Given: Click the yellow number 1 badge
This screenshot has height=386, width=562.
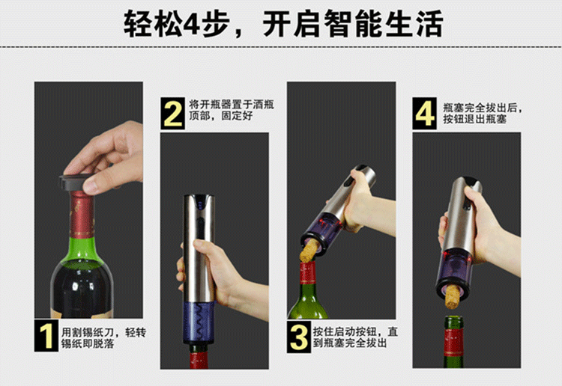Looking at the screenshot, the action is (x=46, y=336).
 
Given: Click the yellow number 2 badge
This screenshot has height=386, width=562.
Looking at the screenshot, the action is (x=173, y=114).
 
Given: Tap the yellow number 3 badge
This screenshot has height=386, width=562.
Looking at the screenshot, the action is (x=299, y=337).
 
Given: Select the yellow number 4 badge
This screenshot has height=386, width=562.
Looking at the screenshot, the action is (x=424, y=114).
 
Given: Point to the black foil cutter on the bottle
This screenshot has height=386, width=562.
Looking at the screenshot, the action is (x=75, y=182).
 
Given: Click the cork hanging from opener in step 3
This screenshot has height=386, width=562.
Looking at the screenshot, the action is (x=309, y=251).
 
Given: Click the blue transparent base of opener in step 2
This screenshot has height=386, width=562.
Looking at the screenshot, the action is (x=199, y=322).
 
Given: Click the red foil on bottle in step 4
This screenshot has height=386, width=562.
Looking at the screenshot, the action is (x=454, y=342).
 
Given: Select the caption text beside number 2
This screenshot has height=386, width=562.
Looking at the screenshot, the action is (x=232, y=110).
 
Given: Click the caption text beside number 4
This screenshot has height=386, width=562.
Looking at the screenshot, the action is (x=483, y=114).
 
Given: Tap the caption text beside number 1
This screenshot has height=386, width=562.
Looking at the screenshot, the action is (x=103, y=337).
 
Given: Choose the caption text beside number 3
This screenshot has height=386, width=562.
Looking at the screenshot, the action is (x=355, y=337).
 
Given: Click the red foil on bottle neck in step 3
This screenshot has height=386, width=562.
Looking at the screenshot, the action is (x=308, y=273).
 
